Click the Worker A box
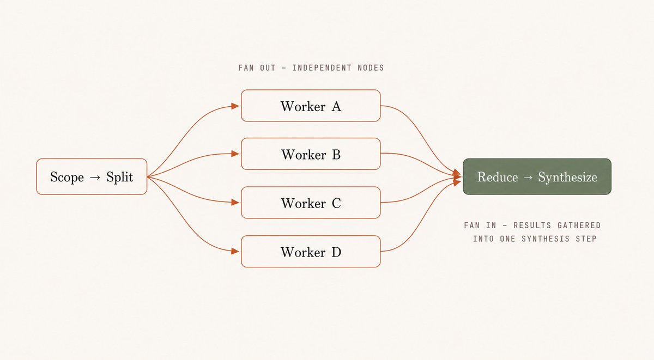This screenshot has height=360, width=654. click(311, 106)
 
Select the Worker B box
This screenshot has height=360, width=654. click(311, 154)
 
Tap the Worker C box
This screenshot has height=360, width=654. click(311, 203)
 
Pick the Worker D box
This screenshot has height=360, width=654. click(311, 251)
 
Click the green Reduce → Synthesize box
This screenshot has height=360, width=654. click(537, 176)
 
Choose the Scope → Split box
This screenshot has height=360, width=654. click(92, 176)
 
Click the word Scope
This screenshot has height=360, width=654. click(67, 177)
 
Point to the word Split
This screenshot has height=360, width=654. click(119, 177)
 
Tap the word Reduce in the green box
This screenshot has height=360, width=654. click(497, 177)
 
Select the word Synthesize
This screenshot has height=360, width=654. click(567, 178)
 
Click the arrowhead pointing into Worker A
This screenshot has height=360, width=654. click(235, 106)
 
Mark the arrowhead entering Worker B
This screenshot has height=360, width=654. click(235, 154)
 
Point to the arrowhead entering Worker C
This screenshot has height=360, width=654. click(235, 202)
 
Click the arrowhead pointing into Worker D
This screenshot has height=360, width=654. click(235, 251)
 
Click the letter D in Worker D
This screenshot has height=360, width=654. click(336, 252)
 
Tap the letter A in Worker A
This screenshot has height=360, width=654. click(336, 106)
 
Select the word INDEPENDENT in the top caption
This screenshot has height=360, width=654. click(322, 68)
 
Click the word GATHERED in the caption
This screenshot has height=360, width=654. click(579, 225)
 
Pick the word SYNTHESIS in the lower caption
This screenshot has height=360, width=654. click(546, 239)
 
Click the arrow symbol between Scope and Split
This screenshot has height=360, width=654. click(95, 178)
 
